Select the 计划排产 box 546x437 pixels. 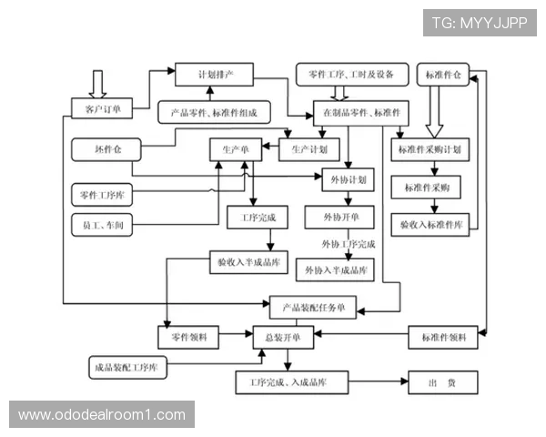214,73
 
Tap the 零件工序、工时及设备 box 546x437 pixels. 345,73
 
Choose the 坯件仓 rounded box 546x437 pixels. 101,147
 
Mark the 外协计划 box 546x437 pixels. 349,179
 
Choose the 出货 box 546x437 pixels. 441,383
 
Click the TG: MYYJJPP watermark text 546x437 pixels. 480,22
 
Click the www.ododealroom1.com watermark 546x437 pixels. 102,415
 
